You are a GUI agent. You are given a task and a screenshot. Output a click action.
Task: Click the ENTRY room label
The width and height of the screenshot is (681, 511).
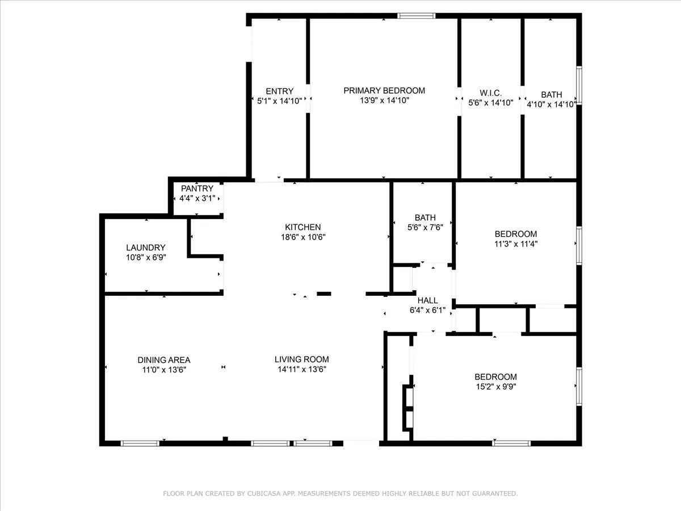click(280, 91)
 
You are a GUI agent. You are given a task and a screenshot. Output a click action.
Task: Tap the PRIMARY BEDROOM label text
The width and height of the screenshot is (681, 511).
click(384, 90)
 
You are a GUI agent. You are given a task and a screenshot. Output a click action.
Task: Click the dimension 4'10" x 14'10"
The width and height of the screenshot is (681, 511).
click(552, 104)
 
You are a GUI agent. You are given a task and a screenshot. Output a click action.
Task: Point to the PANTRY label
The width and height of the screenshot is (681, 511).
click(197, 189)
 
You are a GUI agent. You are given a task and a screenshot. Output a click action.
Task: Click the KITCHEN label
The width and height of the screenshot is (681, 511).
click(306, 227)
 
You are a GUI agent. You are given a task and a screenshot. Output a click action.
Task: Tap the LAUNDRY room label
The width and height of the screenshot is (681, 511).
click(146, 248)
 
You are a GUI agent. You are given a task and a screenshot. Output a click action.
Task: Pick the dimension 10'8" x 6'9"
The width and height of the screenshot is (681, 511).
click(146, 257)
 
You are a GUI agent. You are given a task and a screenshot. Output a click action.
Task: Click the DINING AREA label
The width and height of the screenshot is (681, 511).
click(164, 359)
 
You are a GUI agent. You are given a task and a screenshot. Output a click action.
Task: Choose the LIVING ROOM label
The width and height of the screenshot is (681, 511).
click(302, 359)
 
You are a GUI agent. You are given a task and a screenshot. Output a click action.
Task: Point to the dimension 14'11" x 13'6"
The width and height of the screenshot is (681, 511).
click(302, 369)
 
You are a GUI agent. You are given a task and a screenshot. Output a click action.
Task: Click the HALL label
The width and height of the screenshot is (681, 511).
click(427, 300)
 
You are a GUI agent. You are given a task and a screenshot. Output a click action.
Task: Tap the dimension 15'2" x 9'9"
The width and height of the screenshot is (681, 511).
click(495, 387)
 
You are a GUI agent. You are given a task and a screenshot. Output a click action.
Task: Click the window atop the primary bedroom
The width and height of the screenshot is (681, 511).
click(417, 16)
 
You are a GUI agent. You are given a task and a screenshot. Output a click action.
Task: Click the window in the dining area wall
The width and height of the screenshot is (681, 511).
click(140, 443)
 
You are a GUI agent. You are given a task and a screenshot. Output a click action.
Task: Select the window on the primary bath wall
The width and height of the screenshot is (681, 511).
click(579, 85)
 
